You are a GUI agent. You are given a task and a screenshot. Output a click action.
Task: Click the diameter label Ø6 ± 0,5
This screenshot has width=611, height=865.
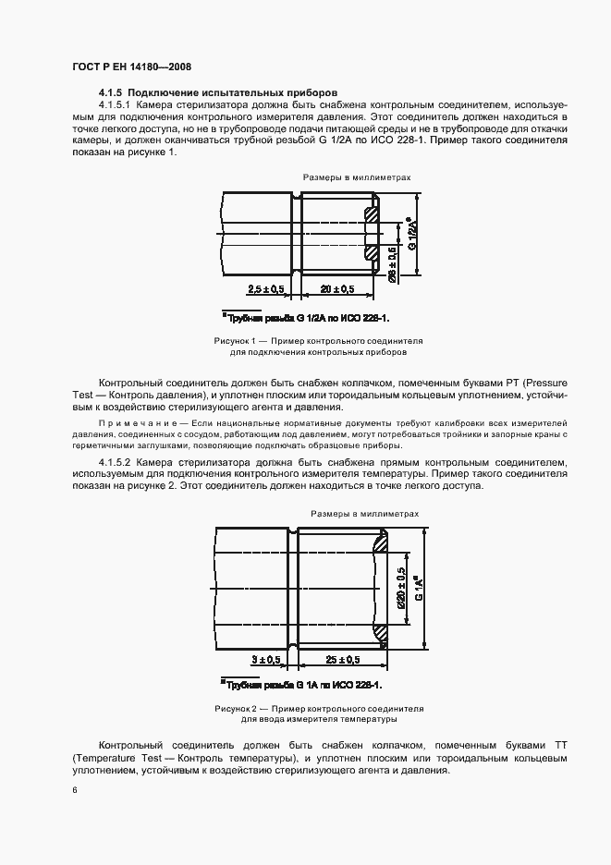[x=393, y=262]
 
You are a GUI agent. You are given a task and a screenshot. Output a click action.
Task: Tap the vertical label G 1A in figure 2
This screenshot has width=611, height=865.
[x=420, y=588]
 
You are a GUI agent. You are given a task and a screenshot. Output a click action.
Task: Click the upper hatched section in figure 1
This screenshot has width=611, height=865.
[x=371, y=215]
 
